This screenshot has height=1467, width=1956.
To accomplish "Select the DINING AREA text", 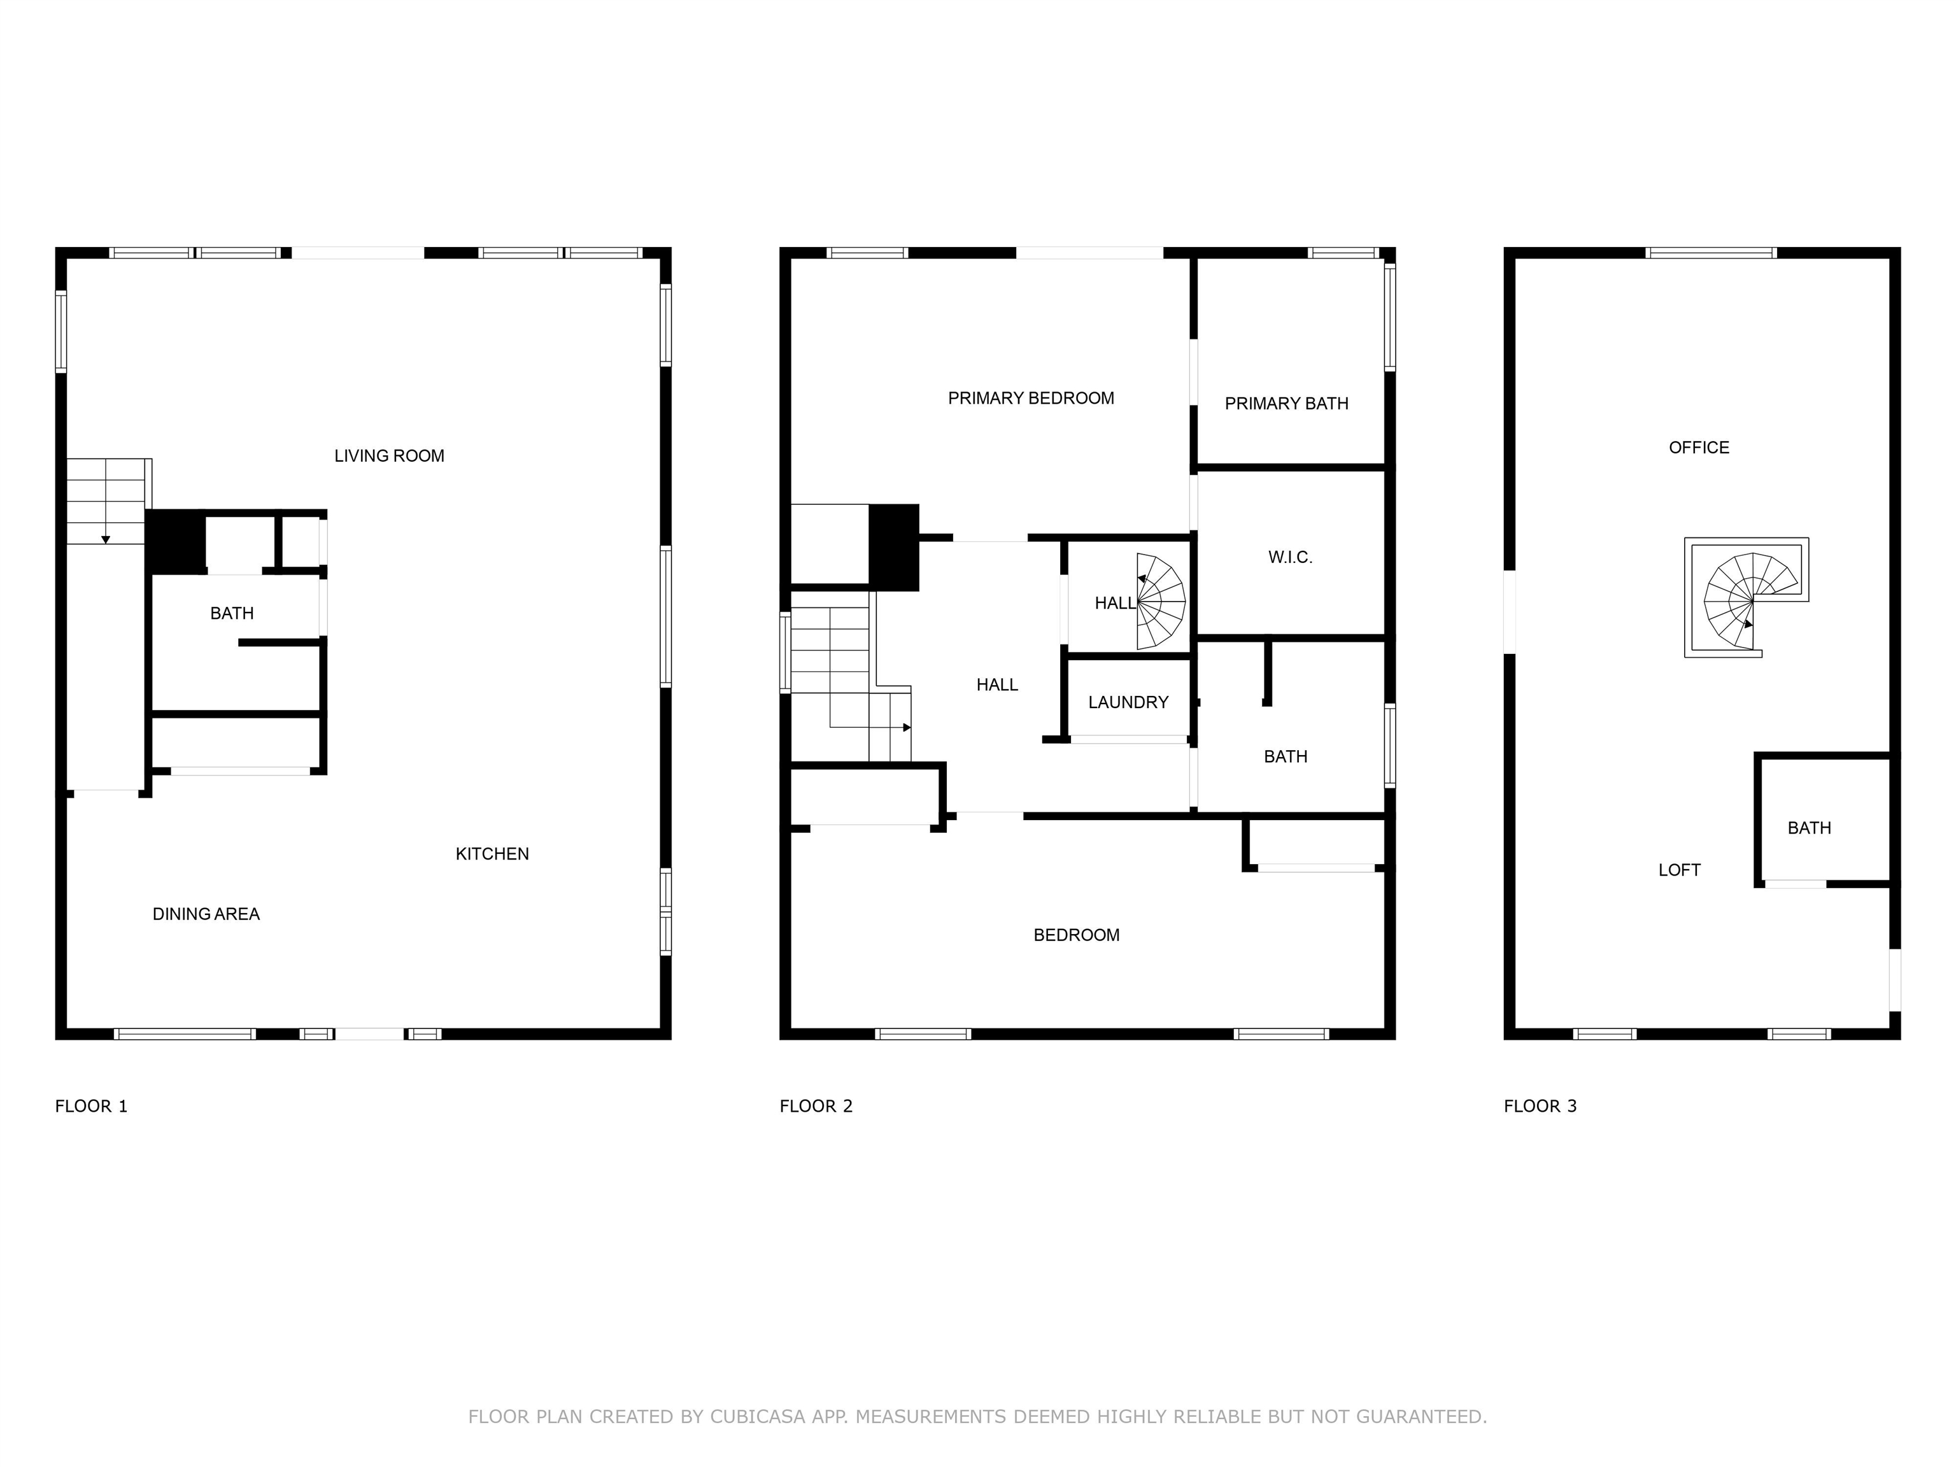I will point(206,914).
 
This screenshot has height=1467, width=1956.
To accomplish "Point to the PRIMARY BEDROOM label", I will point(1030,399).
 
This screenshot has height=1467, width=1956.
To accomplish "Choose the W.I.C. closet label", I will point(1289,558).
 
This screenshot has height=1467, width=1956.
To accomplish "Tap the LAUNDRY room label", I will point(1128,703).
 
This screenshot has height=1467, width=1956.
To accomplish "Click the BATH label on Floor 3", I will point(1808,828).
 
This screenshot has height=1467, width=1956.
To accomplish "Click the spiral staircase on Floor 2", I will point(1160,601).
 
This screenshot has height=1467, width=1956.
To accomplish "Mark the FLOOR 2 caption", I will point(815,1106).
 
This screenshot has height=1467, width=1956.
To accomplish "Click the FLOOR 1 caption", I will point(91,1106).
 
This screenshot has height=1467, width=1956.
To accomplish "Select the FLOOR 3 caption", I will point(1540,1106).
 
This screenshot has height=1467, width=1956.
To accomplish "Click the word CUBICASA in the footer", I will point(757,1417).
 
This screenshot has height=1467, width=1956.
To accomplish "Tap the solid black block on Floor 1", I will point(176,542).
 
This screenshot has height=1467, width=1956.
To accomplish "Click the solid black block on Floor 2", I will point(894,546).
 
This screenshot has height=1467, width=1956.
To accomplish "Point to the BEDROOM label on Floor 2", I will point(1075,935).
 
